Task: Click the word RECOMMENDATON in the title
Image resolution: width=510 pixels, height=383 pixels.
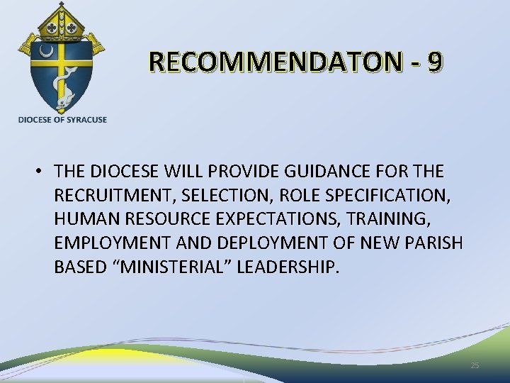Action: click(x=276, y=62)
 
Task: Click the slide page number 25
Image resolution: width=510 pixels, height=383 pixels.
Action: click(x=475, y=365)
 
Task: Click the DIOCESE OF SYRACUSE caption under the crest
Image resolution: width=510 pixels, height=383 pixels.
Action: click(x=63, y=120)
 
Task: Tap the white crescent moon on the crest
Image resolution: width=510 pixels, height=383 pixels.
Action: click(x=47, y=52)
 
